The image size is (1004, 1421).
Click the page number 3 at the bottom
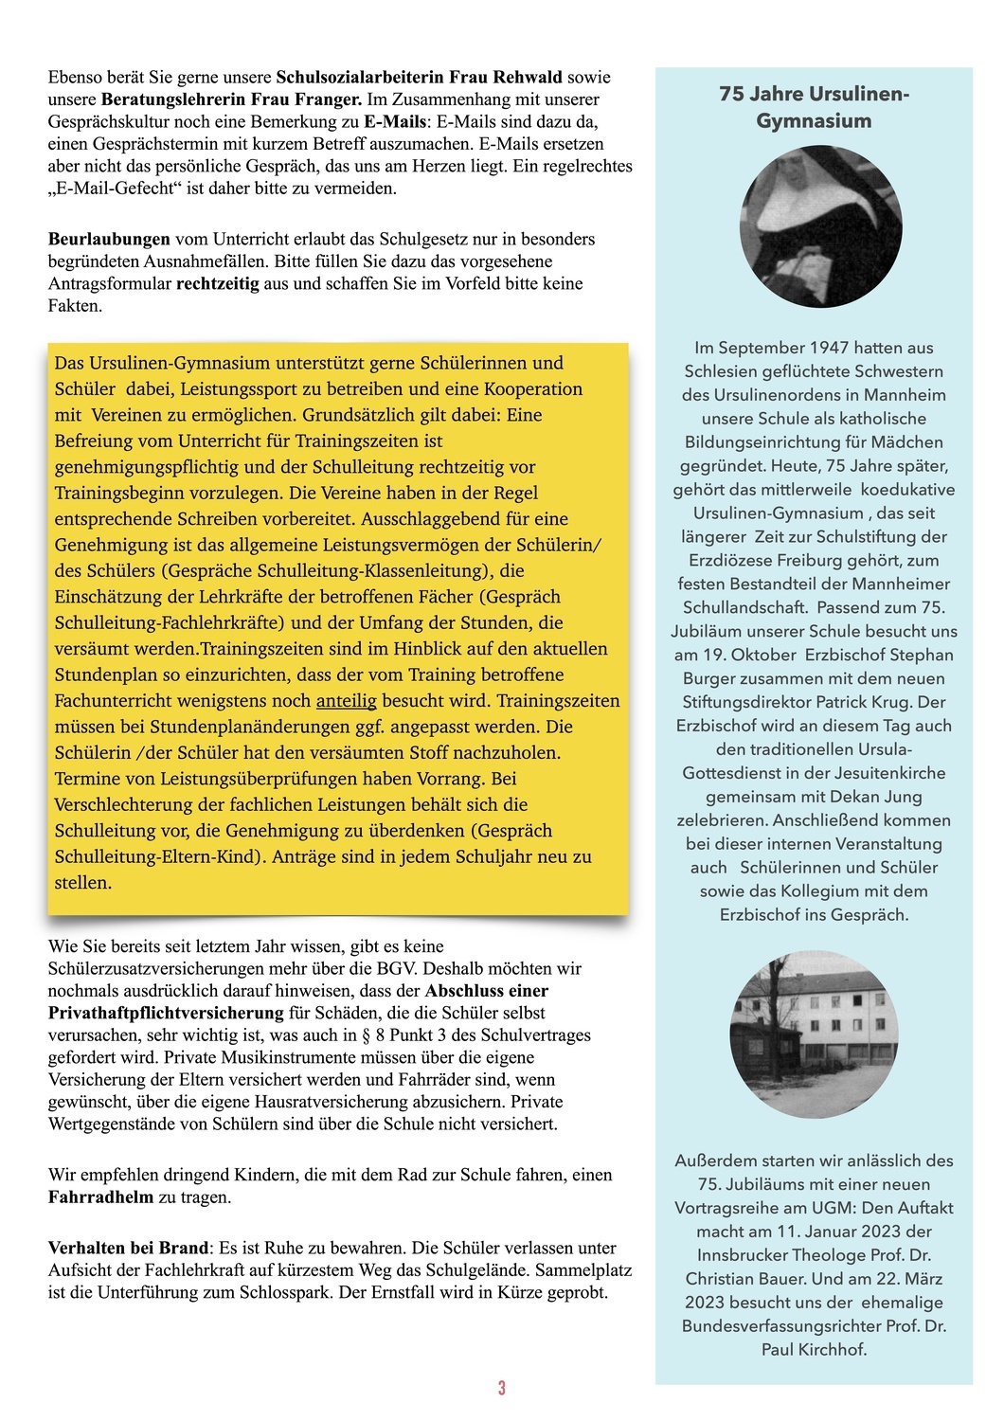pos(501,1388)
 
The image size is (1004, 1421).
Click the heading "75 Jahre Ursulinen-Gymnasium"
pos(814,107)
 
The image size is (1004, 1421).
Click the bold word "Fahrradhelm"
pos(99,1197)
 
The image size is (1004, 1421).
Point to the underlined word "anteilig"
pos(346,701)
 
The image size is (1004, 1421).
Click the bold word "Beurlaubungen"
pos(109,239)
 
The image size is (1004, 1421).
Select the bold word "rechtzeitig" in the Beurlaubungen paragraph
pos(217,283)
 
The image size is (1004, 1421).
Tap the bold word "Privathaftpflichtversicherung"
pos(166,1013)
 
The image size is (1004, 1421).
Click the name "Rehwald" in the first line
pos(525,77)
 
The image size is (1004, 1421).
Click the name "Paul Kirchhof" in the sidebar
pos(814,1349)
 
